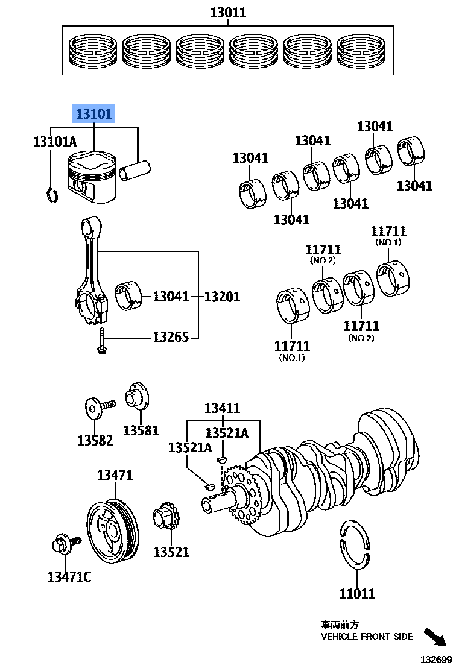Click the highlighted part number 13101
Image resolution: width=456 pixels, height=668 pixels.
tap(93, 113)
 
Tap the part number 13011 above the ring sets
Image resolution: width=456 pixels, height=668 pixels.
tap(227, 12)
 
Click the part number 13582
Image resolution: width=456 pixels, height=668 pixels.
tap(95, 440)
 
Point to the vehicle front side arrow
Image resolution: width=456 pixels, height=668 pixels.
tap(437, 638)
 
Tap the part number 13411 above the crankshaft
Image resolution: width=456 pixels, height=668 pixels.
tap(221, 408)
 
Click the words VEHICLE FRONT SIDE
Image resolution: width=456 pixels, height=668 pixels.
tap(367, 636)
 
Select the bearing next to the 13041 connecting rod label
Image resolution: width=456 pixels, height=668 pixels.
tap(129, 296)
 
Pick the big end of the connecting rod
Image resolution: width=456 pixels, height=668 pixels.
tap(92, 304)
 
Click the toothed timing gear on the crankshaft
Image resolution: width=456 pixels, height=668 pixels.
tap(243, 494)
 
